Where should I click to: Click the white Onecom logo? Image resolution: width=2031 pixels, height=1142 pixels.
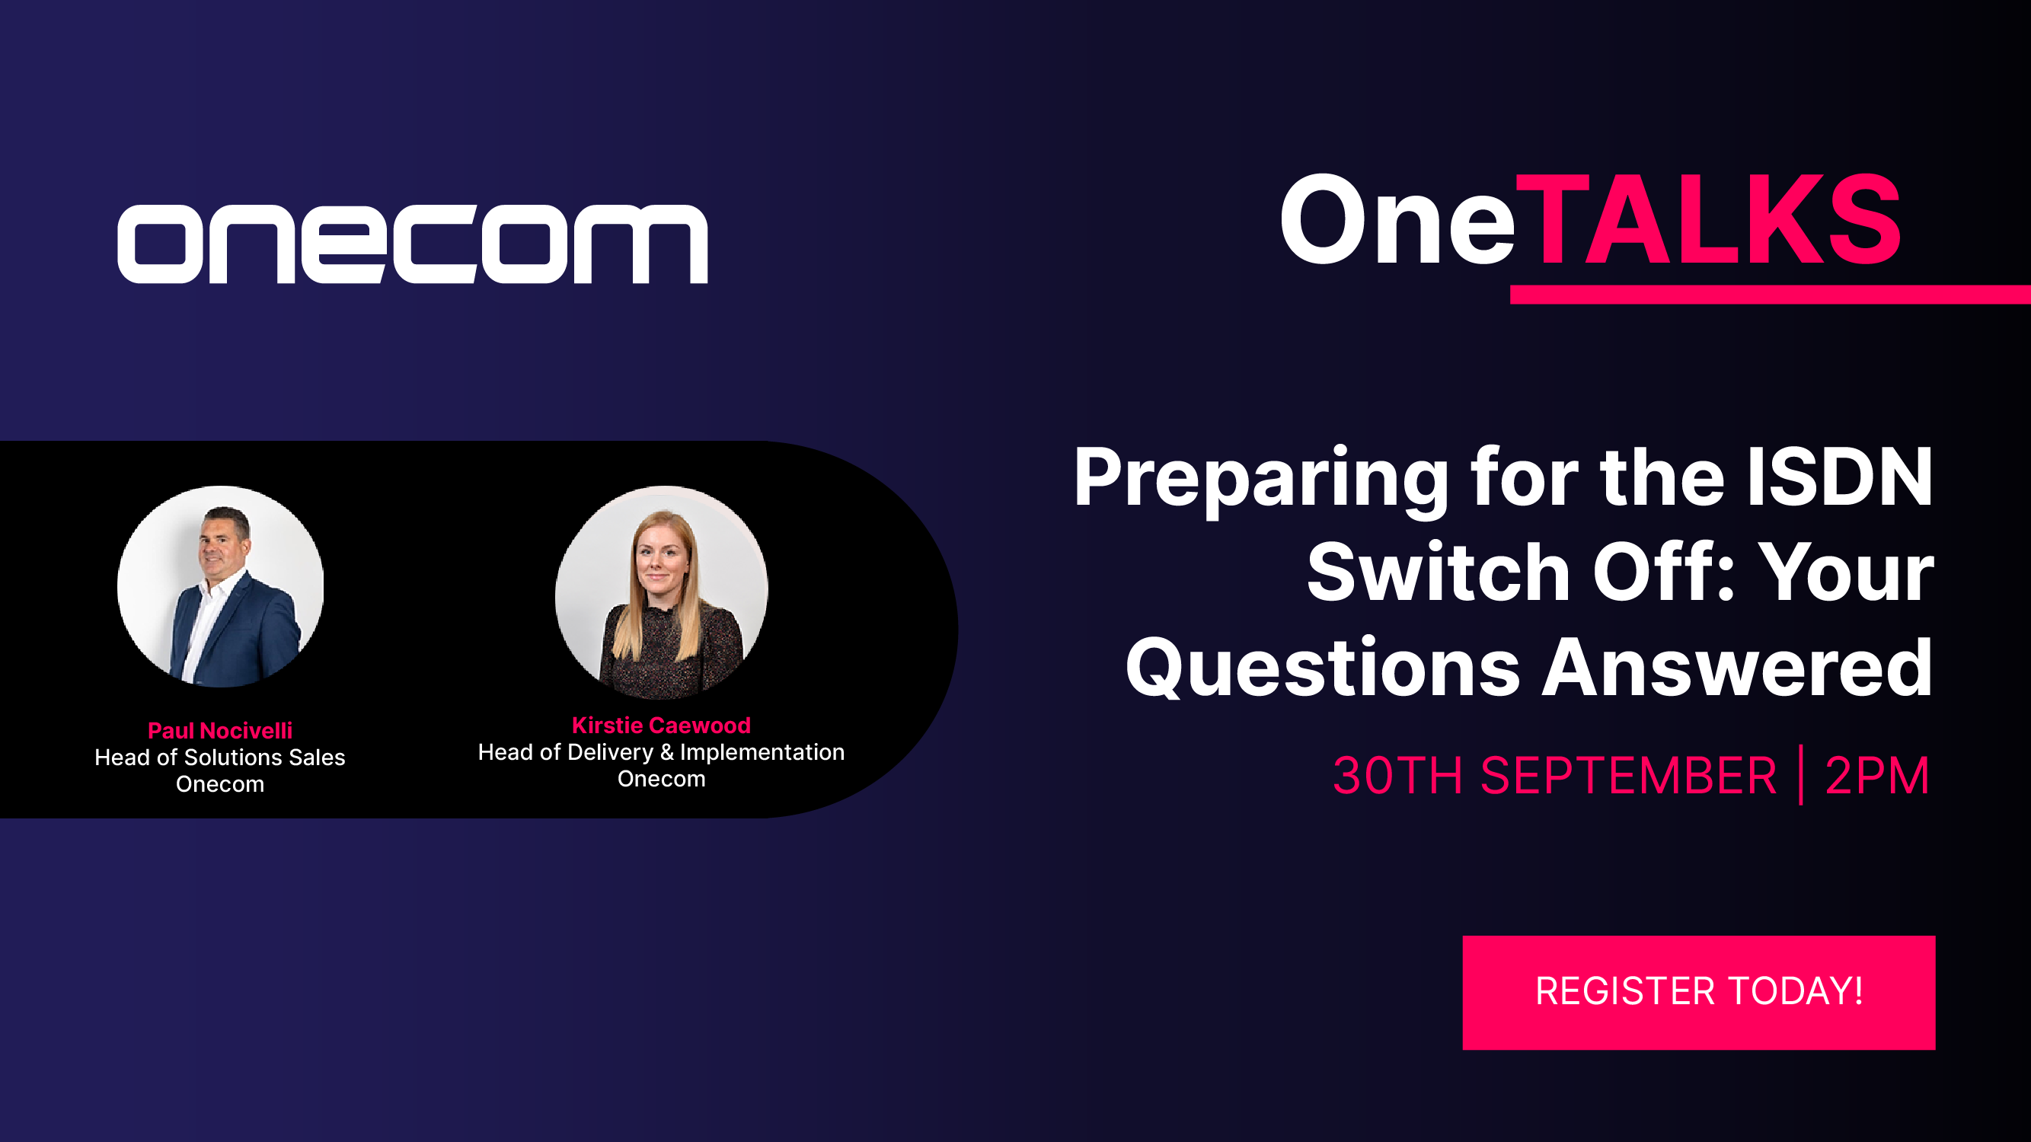[412, 244]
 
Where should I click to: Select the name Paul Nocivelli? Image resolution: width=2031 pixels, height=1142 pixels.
[220, 731]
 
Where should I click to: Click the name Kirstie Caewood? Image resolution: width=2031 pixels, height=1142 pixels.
[662, 725]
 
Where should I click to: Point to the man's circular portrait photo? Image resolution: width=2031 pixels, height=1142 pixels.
[221, 586]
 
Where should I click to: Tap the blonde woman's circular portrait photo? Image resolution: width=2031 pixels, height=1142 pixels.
[662, 592]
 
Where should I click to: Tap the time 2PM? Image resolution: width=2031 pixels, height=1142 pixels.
[1877, 776]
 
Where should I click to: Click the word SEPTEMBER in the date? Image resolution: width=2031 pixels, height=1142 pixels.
[1629, 776]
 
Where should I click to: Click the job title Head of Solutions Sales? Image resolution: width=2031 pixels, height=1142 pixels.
[220, 758]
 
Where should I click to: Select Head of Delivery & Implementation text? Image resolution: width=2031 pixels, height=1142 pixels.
[662, 753]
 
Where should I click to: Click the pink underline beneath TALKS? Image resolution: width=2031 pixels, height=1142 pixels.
[1771, 294]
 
